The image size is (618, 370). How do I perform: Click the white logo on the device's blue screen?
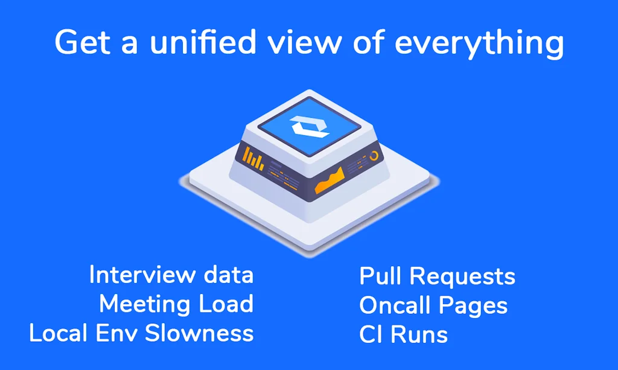[310, 127]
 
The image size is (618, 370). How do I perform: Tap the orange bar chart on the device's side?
[255, 159]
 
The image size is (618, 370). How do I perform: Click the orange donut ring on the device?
[374, 156]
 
